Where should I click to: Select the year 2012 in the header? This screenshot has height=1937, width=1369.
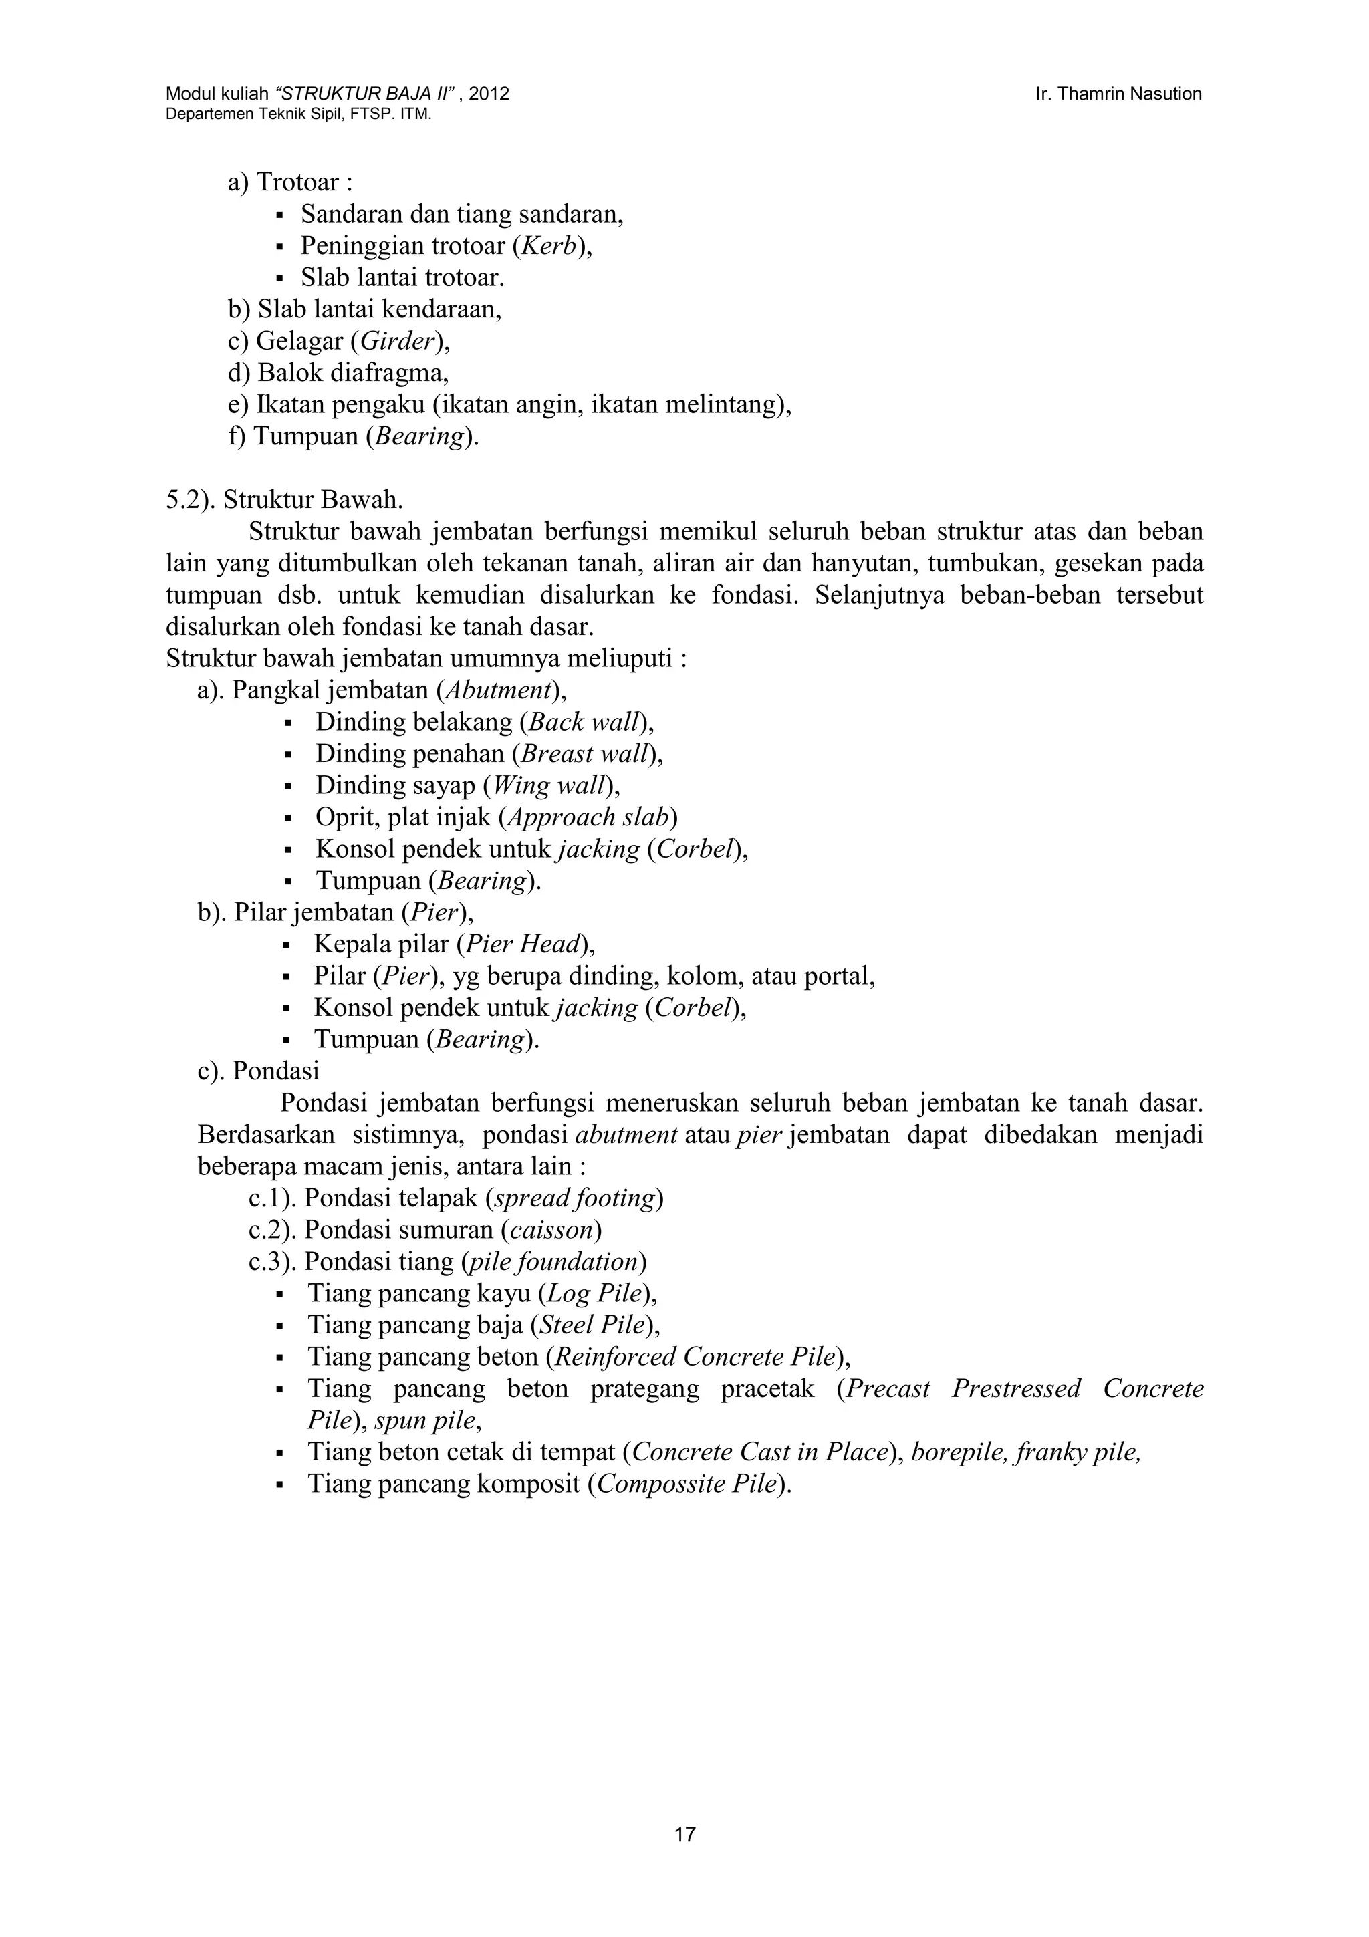point(489,94)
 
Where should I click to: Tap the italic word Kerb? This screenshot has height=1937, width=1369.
point(548,247)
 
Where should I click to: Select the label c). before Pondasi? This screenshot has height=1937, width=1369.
point(212,1071)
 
